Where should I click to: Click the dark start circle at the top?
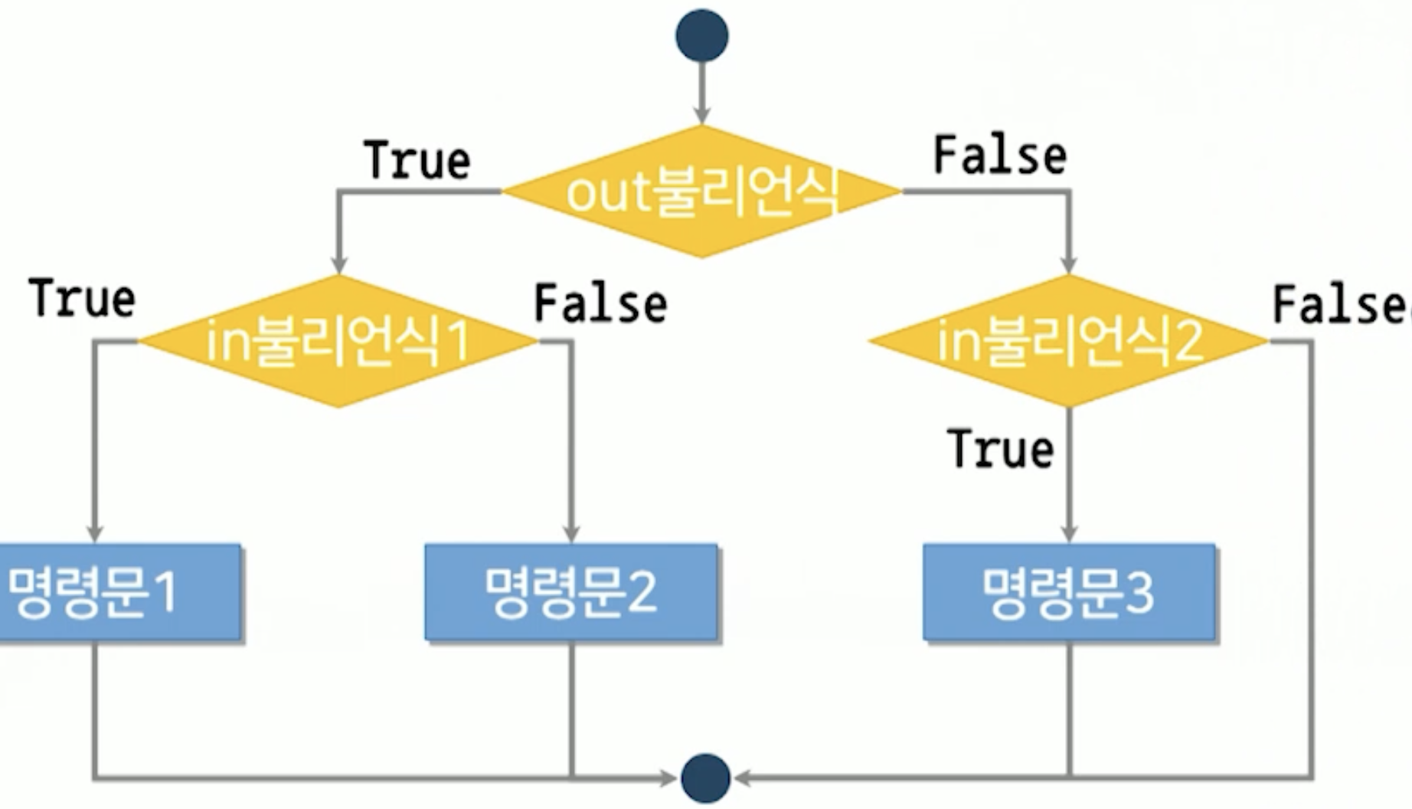click(x=701, y=35)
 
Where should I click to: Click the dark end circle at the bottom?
click(x=705, y=778)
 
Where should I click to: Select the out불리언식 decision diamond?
click(x=701, y=192)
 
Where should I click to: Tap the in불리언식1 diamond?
click(x=338, y=341)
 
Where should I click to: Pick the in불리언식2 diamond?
click(x=1069, y=341)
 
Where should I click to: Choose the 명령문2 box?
click(x=571, y=591)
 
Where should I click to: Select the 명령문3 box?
click(x=1069, y=591)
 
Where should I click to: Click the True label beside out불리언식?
click(x=417, y=160)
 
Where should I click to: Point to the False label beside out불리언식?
click(x=1000, y=156)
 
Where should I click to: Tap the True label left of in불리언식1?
click(x=83, y=298)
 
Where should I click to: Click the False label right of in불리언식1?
click(x=600, y=303)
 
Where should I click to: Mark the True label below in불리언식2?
click(x=1000, y=448)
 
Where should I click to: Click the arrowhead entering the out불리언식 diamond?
click(x=701, y=116)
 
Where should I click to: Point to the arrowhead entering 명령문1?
click(x=95, y=533)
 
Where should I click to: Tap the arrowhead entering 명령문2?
click(x=571, y=533)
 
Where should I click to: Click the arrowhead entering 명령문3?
click(x=1069, y=533)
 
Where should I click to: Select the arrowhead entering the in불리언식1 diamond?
click(x=338, y=264)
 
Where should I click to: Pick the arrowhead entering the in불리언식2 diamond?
click(x=1069, y=264)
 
